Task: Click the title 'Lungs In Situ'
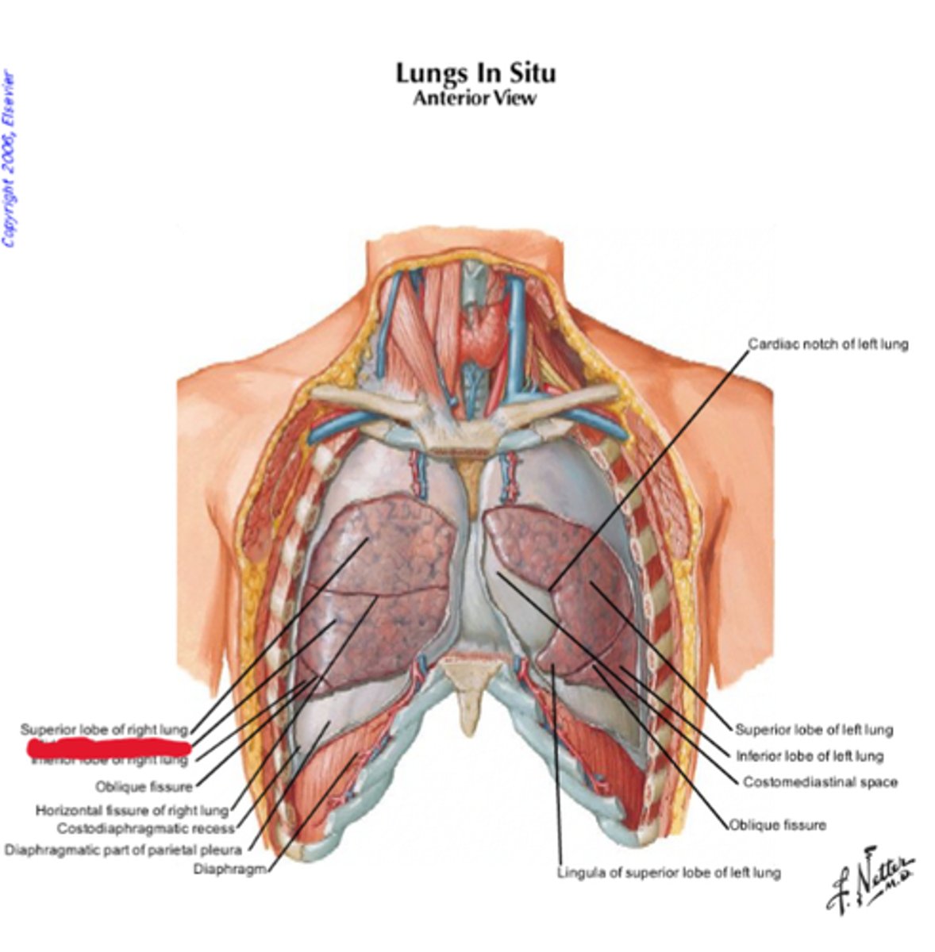(475, 73)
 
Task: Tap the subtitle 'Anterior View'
(475, 98)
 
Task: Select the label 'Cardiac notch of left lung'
(828, 344)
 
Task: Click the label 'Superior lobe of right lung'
(104, 729)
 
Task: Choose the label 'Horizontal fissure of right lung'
(132, 811)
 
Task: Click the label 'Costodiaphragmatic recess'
(146, 829)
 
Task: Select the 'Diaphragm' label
(229, 869)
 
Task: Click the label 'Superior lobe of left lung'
(814, 730)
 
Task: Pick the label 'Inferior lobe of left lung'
(810, 756)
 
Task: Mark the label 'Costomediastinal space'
(820, 782)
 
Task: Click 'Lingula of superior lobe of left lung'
(668, 873)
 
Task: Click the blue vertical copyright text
(9, 159)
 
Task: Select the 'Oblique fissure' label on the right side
(778, 825)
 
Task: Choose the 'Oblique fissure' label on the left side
(144, 787)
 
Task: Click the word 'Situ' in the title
(529, 73)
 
